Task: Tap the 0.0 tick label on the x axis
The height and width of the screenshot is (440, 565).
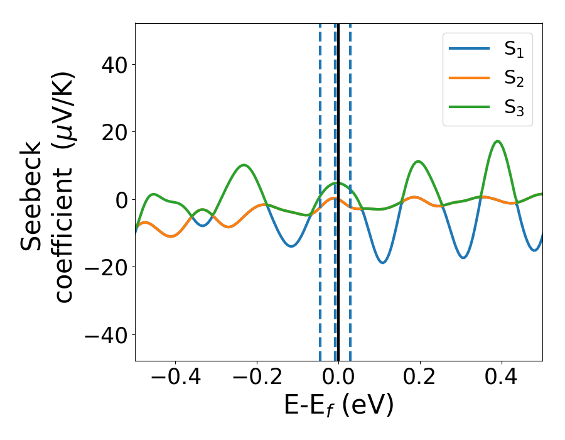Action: tap(338, 378)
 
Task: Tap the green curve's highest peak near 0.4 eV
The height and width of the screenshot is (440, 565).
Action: tap(497, 141)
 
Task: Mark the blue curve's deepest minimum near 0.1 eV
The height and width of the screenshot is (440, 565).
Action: tap(382, 263)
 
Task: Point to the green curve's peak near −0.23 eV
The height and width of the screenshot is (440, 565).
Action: tap(244, 165)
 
